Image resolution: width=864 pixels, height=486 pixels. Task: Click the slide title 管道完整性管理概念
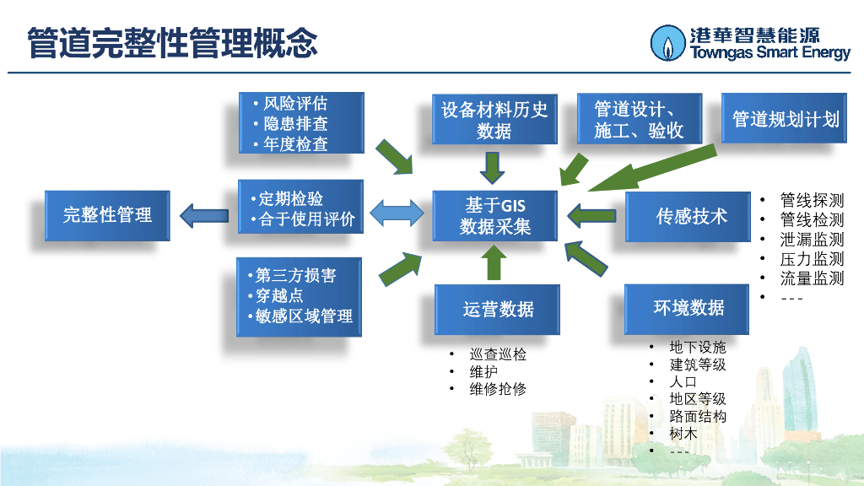click(x=172, y=42)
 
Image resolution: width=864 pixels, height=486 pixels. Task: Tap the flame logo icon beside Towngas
click(x=668, y=43)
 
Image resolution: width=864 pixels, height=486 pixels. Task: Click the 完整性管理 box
click(x=107, y=215)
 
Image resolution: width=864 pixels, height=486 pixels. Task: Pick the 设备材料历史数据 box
click(x=494, y=120)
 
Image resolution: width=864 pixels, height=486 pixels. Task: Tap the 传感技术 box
click(x=691, y=216)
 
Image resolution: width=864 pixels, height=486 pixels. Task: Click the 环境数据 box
click(x=688, y=308)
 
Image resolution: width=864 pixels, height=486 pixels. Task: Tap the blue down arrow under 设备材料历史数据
click(x=492, y=165)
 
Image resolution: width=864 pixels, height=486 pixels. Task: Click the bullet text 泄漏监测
click(x=811, y=239)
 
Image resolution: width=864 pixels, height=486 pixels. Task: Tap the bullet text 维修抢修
click(x=498, y=389)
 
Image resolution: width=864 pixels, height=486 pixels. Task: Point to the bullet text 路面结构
click(x=697, y=416)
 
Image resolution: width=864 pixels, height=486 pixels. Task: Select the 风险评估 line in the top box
click(x=295, y=104)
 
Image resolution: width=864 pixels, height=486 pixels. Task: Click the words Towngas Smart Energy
click(x=770, y=53)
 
